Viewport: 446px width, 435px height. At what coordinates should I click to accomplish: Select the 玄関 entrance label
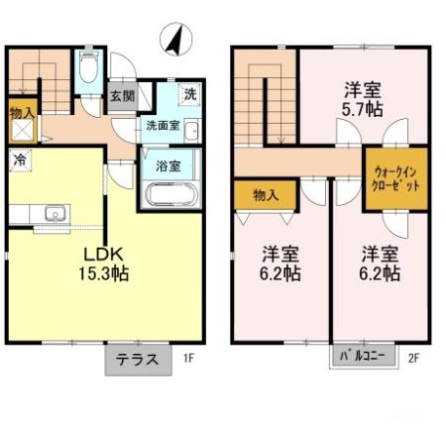123,97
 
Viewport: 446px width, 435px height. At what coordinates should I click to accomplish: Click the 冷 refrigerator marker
20,159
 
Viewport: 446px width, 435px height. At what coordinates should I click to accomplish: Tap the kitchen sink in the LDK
54,212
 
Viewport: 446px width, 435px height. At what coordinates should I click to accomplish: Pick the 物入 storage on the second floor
265,194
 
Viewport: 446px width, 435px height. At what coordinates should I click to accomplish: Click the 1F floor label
187,360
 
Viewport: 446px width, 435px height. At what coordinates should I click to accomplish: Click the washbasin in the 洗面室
191,132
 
